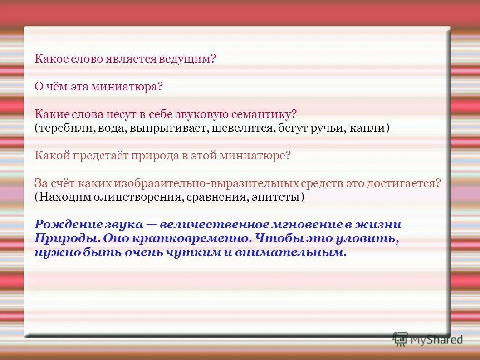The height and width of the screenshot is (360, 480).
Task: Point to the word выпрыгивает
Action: tap(168, 128)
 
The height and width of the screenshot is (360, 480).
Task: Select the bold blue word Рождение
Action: tap(64, 225)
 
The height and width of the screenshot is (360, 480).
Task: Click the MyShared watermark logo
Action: tap(427, 339)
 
